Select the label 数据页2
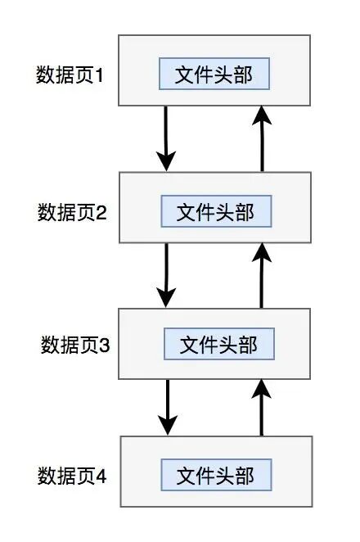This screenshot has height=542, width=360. pos(73,213)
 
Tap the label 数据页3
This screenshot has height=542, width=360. pos(74,345)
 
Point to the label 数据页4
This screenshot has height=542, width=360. pos(72,475)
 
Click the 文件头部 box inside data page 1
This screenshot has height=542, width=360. pos(214,75)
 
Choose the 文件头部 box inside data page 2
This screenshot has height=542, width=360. pos(215,212)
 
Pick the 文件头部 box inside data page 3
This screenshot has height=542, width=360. pos(218,344)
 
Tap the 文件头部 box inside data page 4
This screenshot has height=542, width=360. pos(215,475)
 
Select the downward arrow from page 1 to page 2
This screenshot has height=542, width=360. pos(166,138)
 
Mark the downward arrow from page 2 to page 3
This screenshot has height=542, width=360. pos(166,274)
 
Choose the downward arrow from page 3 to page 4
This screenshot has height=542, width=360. pos(167,407)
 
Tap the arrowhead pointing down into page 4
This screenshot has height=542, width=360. pos(167,426)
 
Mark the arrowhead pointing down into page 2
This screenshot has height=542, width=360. pos(166,160)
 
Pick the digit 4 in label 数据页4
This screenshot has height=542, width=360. pos(102,475)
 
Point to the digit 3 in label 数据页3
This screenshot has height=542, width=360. pos(105,345)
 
